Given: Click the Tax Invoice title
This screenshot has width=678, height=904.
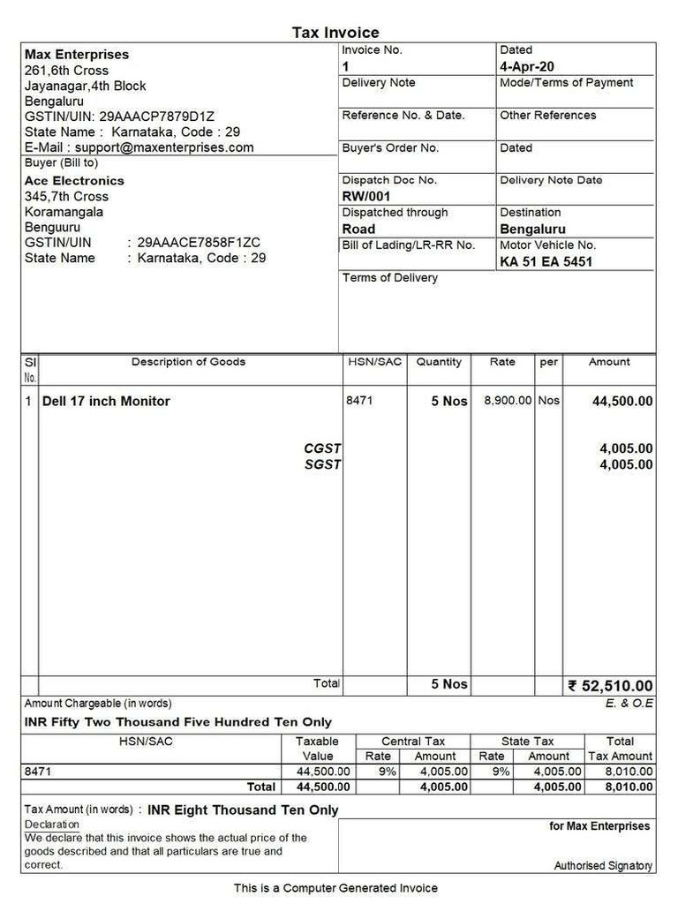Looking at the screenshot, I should coord(335,33).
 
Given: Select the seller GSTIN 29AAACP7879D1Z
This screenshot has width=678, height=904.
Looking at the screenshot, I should coord(157,117).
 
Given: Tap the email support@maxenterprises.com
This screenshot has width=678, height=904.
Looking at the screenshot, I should coord(163,147).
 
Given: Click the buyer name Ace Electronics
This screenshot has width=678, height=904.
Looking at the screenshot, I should coord(74,180).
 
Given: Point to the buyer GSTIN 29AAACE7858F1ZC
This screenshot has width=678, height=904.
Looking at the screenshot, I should coord(199,243).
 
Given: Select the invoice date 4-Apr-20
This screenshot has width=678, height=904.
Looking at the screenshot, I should coord(527,66).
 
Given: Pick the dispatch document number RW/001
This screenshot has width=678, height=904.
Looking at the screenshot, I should coord(365,196).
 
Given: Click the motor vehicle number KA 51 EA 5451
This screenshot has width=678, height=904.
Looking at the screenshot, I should coord(546,261).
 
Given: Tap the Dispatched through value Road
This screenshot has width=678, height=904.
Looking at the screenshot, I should coord(358,229).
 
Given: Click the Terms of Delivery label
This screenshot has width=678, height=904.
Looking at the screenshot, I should coord(389,277).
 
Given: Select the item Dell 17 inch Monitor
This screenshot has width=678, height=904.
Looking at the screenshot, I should coord(106,401).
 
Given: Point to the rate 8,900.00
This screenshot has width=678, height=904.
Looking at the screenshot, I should coord(508,401).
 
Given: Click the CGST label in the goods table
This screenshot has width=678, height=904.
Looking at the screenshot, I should coord(322,448).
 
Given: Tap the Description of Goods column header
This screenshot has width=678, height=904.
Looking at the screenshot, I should coord(188,362).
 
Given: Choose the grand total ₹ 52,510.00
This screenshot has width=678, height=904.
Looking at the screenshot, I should coord(610,686).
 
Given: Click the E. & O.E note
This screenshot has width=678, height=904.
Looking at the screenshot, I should coord(629,704).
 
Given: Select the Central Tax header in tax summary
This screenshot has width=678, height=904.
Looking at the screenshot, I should coord(412,742).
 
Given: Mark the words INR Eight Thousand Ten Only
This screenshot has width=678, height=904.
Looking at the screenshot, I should coord(243,810).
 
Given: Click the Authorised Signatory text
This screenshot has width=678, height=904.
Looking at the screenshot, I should coord(603,866).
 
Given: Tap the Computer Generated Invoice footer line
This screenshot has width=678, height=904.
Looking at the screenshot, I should coord(335,887).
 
